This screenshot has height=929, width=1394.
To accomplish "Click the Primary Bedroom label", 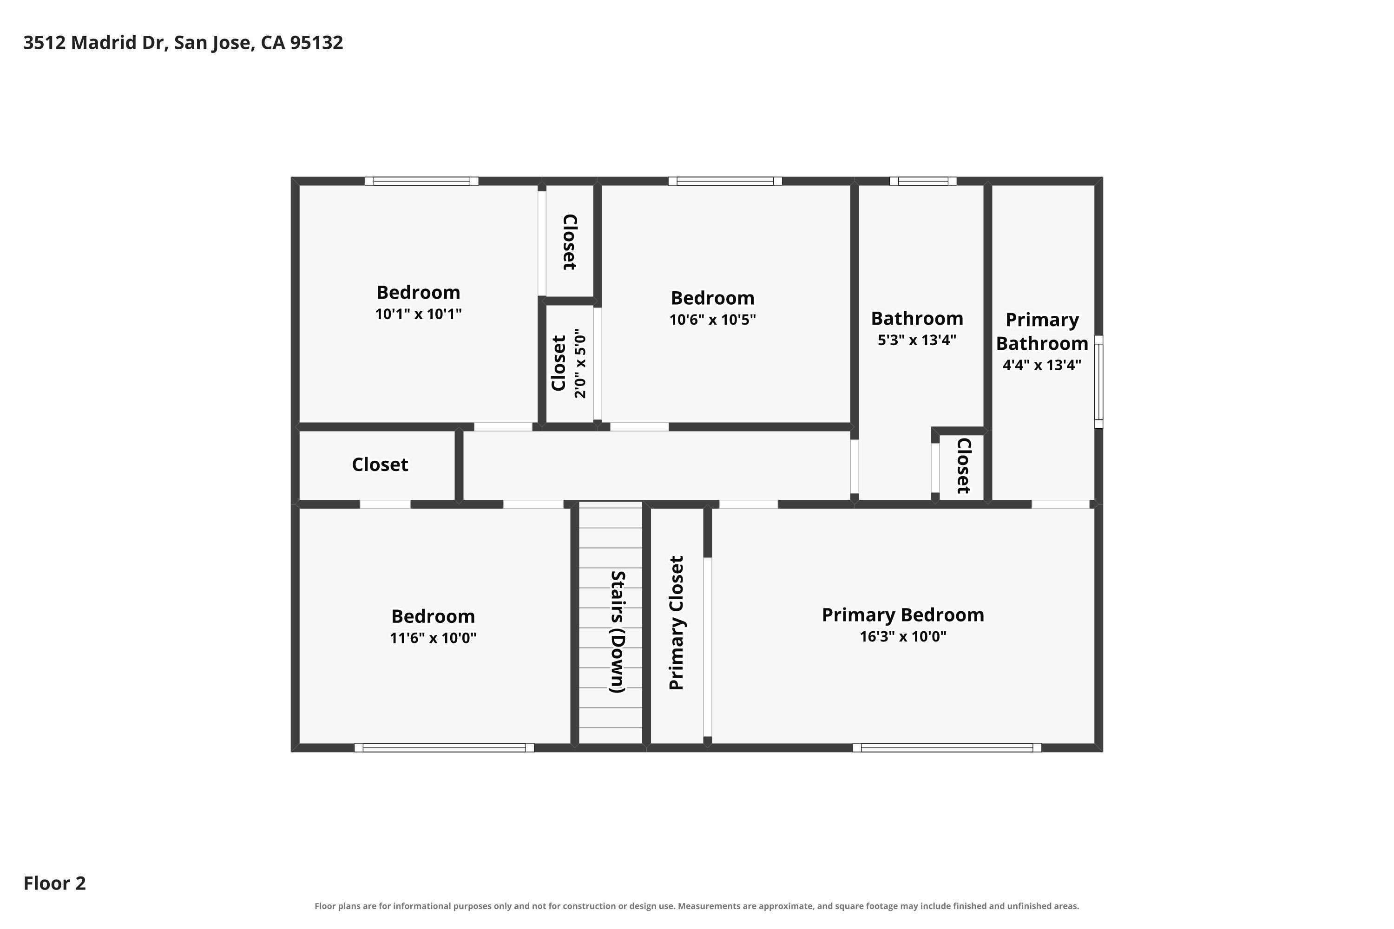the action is pyautogui.click(x=903, y=615).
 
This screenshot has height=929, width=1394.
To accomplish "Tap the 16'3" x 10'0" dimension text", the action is pyautogui.click(x=903, y=637).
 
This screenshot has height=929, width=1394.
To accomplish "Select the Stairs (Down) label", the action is pyautogui.click(x=618, y=632).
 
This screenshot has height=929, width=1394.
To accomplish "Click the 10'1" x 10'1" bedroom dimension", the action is pyautogui.click(x=419, y=314).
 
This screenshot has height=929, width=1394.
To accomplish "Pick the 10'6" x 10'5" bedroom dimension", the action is pyautogui.click(x=712, y=320).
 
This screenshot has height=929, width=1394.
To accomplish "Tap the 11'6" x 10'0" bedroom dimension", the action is pyautogui.click(x=433, y=638).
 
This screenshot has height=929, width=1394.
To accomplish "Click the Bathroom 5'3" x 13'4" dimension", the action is pyautogui.click(x=917, y=340).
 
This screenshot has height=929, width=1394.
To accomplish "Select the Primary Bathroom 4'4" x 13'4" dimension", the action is pyautogui.click(x=1042, y=365).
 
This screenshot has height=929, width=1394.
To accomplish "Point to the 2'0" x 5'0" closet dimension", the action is pyautogui.click(x=580, y=363).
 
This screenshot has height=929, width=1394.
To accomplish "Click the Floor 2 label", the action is pyautogui.click(x=54, y=883).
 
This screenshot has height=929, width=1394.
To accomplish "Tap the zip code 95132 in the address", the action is pyautogui.click(x=316, y=43).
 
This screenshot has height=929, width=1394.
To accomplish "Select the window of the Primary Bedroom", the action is pyautogui.click(x=947, y=748).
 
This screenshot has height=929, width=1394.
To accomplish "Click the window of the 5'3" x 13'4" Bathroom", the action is pyautogui.click(x=923, y=181).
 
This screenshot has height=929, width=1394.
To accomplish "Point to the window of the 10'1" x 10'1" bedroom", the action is pyautogui.click(x=421, y=181).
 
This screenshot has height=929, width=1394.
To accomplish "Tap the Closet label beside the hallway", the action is pyautogui.click(x=380, y=464).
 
